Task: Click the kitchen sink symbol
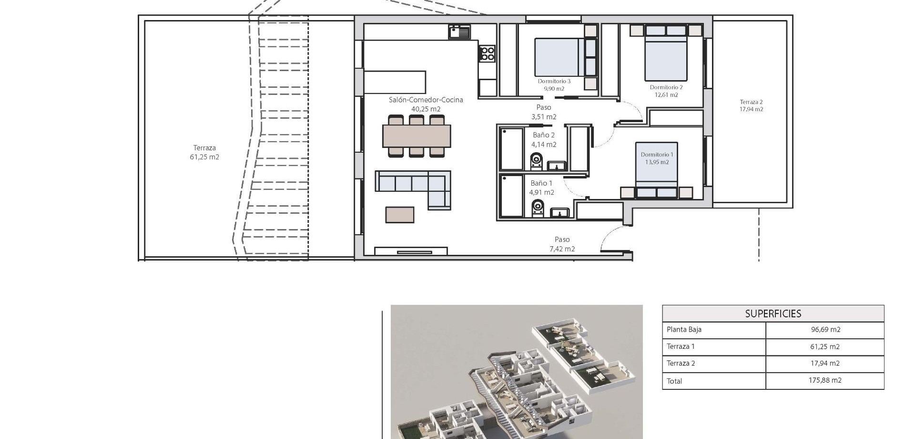tap(459, 32)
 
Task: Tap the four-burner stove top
tap(487, 53)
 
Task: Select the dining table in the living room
tap(417, 136)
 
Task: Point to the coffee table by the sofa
tap(400, 214)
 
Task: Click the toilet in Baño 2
tap(537, 161)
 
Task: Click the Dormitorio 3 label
tap(554, 81)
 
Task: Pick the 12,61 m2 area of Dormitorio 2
tap(666, 94)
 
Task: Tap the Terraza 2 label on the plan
tap(752, 102)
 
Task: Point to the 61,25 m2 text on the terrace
tap(204, 157)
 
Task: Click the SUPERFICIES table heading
tap(773, 314)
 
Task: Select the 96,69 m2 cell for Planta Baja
tap(825, 329)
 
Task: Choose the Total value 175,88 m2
tap(825, 380)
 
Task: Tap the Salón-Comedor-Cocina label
tap(426, 100)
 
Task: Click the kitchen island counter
tap(395, 82)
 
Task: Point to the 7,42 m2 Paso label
tap(562, 249)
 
